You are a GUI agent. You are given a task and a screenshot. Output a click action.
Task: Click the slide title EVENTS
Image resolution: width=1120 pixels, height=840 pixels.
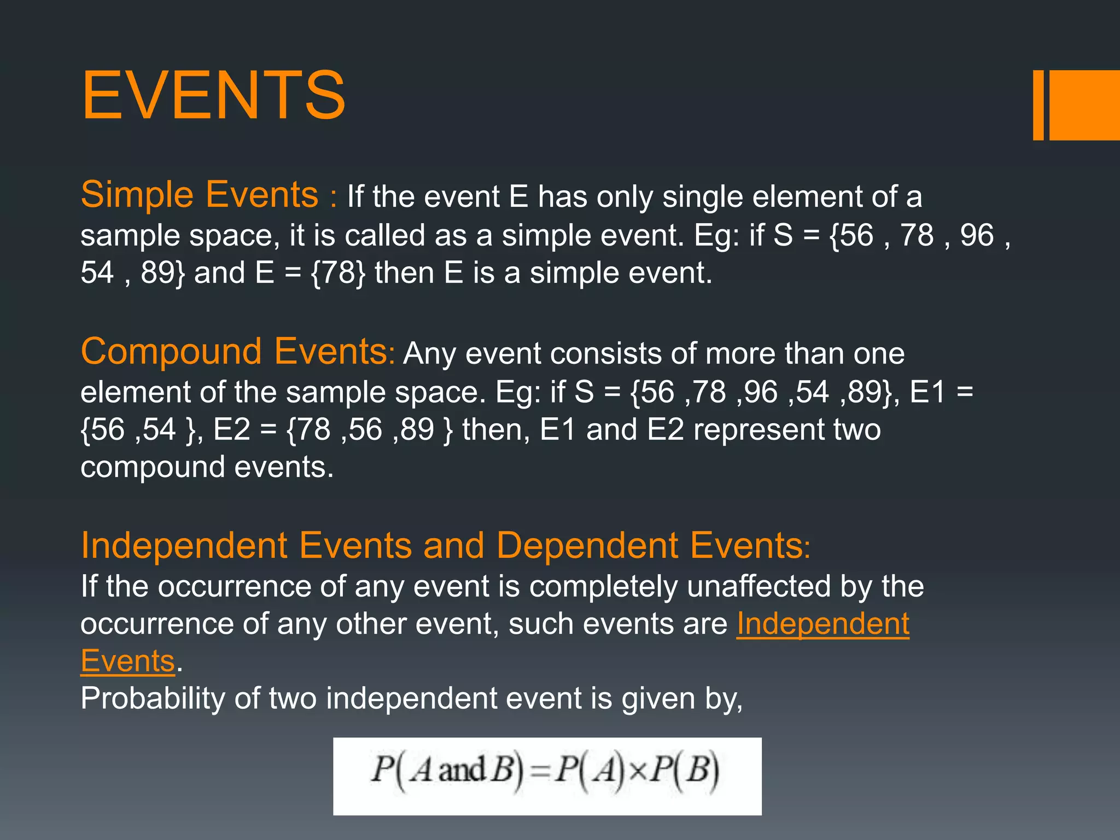[213, 95]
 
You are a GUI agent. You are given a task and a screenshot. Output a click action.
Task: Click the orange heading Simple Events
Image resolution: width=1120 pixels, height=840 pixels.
[199, 195]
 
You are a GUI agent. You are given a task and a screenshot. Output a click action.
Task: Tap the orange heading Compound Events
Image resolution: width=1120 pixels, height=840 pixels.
[234, 352]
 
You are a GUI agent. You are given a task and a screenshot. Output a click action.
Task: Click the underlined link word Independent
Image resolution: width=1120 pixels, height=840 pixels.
[822, 624]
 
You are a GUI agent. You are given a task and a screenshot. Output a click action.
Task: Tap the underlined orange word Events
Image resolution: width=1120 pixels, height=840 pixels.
[127, 661]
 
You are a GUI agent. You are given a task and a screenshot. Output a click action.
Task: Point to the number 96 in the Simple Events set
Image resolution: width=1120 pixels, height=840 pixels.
[977, 235]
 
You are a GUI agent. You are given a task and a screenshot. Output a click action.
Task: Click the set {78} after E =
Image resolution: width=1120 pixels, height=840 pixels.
[338, 273]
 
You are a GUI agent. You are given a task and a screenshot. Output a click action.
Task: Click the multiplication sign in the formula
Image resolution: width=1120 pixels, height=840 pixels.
[638, 771]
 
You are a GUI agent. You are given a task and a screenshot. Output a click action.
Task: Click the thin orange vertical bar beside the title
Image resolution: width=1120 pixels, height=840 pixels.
[1038, 105]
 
